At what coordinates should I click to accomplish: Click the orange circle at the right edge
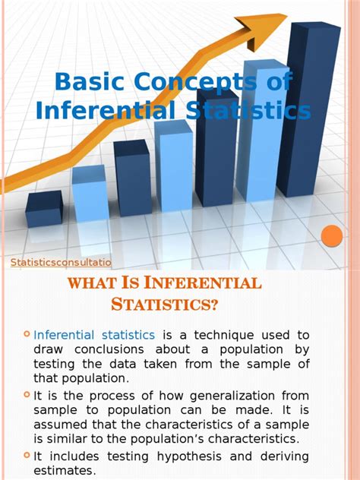click(332, 237)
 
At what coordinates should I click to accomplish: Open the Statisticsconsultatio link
click(61, 263)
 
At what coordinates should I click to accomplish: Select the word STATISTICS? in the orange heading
click(166, 305)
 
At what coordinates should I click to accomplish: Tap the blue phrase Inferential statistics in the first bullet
click(94, 335)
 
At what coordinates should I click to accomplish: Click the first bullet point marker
click(27, 334)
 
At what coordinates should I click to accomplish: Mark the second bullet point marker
click(27, 394)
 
